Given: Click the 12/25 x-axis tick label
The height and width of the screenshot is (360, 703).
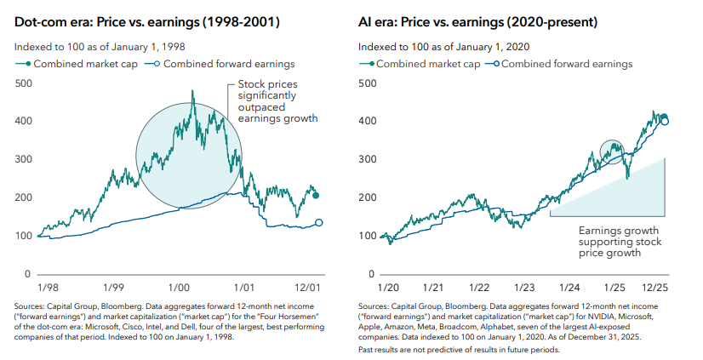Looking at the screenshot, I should [655, 289].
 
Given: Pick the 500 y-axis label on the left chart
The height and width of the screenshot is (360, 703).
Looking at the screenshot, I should [25, 83].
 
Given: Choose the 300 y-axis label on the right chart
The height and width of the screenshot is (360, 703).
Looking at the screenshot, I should [368, 159].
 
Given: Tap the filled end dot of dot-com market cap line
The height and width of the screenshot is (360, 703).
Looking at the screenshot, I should [317, 196].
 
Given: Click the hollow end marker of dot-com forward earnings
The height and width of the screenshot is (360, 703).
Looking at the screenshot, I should [318, 223].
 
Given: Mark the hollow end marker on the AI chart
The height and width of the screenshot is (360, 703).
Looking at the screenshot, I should [665, 122].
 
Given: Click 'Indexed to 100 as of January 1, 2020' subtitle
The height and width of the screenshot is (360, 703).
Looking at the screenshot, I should [444, 45].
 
